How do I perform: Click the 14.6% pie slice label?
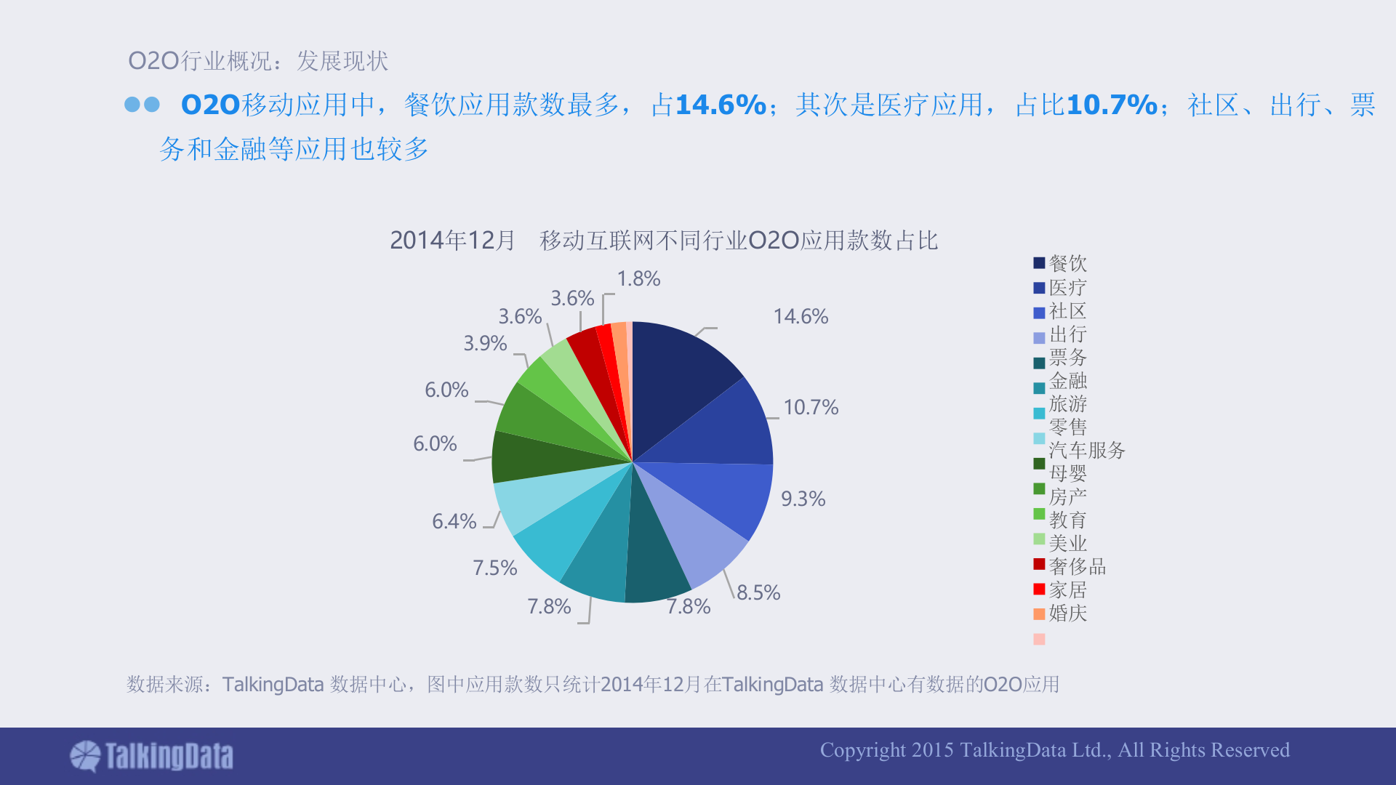point(801,316)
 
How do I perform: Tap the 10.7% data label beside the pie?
point(811,407)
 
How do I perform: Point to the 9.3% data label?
point(803,499)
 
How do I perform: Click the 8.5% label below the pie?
point(758,592)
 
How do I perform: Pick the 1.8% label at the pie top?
point(638,278)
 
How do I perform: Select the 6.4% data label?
point(454,521)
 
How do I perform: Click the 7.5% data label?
point(494,568)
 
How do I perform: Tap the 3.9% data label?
point(485,343)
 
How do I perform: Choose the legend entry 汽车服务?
point(1086,450)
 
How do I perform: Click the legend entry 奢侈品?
point(1077,566)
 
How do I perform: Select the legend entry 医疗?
point(1067,287)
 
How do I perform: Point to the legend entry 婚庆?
point(1067,613)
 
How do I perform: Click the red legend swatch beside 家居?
point(1039,589)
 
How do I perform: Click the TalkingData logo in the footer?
point(152,756)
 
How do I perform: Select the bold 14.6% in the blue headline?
point(721,105)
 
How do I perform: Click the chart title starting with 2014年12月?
point(663,240)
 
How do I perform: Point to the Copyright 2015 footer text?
point(1054,749)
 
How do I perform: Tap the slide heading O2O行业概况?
point(258,60)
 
